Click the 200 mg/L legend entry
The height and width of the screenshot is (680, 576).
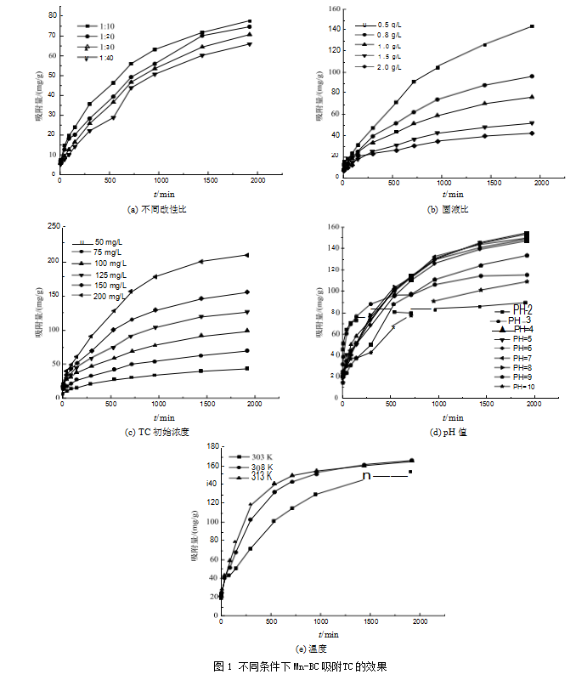click(110, 297)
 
